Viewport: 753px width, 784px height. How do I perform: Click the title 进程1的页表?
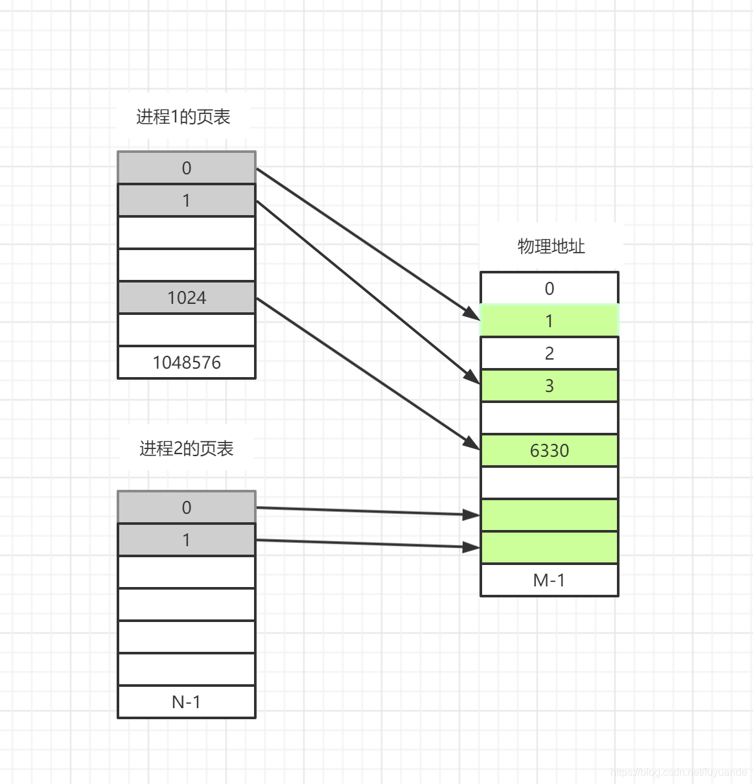(x=183, y=117)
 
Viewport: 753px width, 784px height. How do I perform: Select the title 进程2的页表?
(x=187, y=448)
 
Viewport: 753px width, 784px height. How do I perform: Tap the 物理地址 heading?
(x=551, y=246)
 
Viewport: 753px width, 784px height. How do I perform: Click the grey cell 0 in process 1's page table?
(x=187, y=168)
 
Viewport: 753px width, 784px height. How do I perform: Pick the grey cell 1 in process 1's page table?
(x=187, y=200)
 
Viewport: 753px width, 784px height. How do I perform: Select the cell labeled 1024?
(x=187, y=298)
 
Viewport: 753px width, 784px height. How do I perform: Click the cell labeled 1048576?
(x=187, y=363)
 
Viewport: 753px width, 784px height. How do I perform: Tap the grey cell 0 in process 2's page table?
(x=187, y=507)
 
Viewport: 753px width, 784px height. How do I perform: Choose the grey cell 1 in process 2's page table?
(x=187, y=540)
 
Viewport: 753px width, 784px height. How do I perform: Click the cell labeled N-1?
(x=187, y=702)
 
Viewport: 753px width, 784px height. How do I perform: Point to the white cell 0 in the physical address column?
(x=549, y=288)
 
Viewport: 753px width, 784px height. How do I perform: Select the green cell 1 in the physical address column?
(x=549, y=321)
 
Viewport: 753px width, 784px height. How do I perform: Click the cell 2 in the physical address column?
(x=549, y=353)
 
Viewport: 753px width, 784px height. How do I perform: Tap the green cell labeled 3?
(x=549, y=386)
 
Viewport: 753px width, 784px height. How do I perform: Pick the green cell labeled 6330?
(x=549, y=450)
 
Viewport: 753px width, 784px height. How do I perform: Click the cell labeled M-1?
(x=549, y=580)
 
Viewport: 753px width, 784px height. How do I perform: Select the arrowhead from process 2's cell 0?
(x=471, y=514)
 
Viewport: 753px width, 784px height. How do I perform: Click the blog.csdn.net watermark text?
(x=678, y=772)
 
